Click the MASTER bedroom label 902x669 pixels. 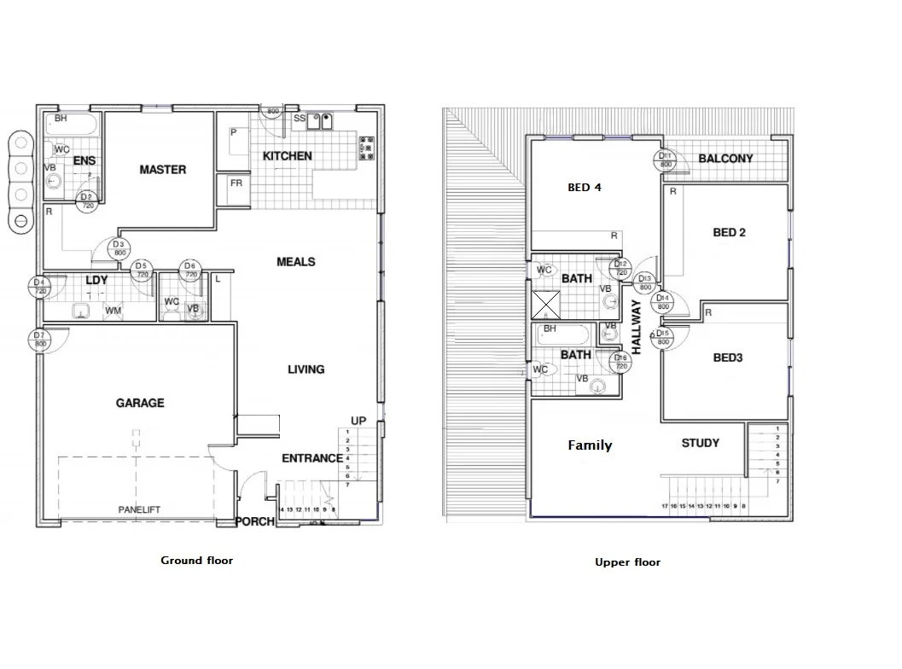(162, 170)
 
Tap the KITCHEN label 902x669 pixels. (287, 156)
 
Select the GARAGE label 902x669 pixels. (140, 403)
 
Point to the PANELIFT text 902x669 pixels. (138, 509)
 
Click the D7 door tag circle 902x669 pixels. (39, 340)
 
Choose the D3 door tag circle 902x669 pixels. (119, 248)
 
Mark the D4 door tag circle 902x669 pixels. (39, 287)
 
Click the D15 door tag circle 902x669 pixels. (664, 338)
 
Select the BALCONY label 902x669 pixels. (725, 159)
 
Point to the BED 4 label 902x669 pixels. (585, 188)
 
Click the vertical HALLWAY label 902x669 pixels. (636, 327)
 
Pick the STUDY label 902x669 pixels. (700, 443)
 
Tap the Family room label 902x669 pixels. (590, 445)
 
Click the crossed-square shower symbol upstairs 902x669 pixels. (546, 304)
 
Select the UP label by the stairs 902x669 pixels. (358, 421)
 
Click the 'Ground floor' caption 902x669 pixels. (196, 561)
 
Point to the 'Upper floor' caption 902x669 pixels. (627, 562)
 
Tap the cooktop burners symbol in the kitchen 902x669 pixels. (367, 147)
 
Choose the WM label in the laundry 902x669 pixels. (113, 311)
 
